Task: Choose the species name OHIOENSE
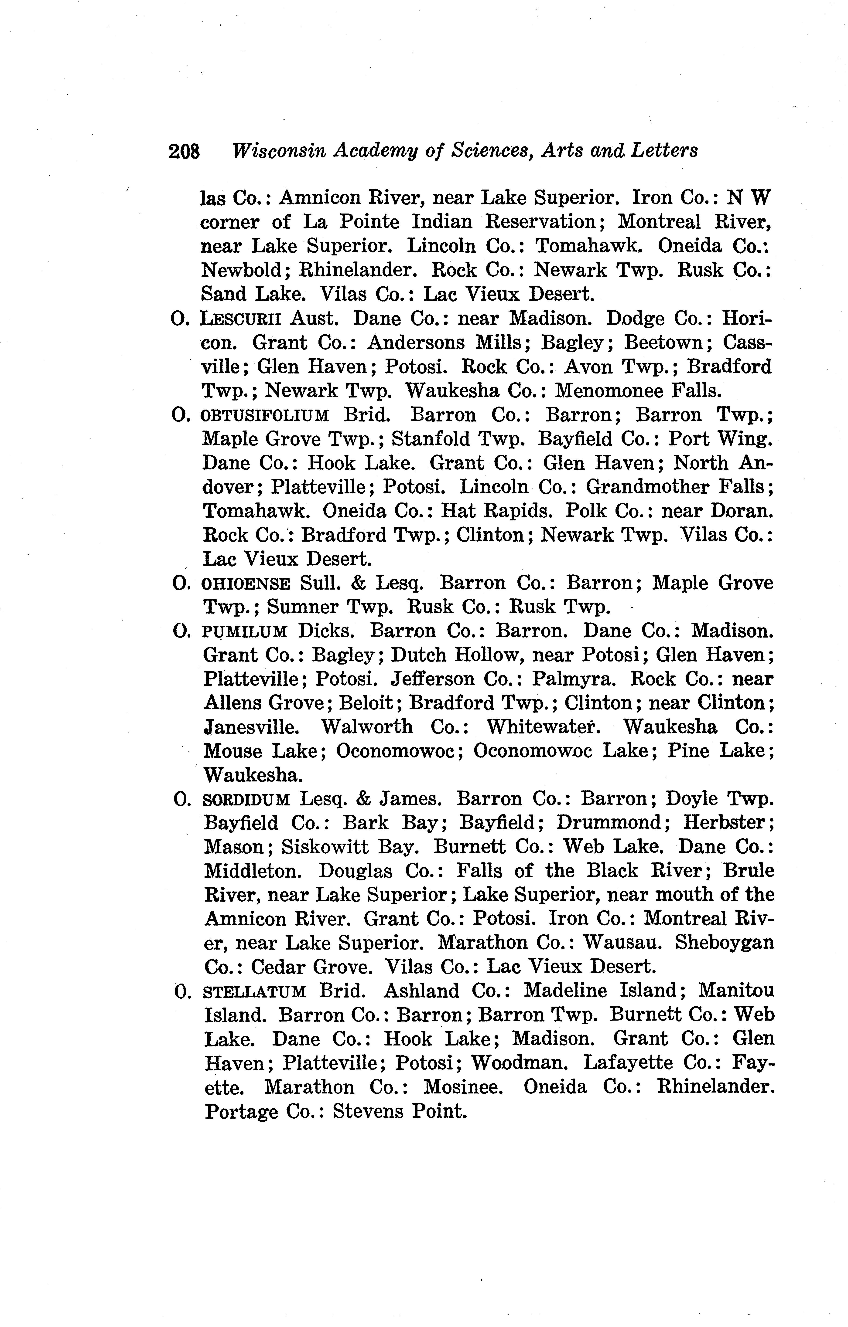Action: [x=246, y=583]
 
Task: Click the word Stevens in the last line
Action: [x=368, y=1111]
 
